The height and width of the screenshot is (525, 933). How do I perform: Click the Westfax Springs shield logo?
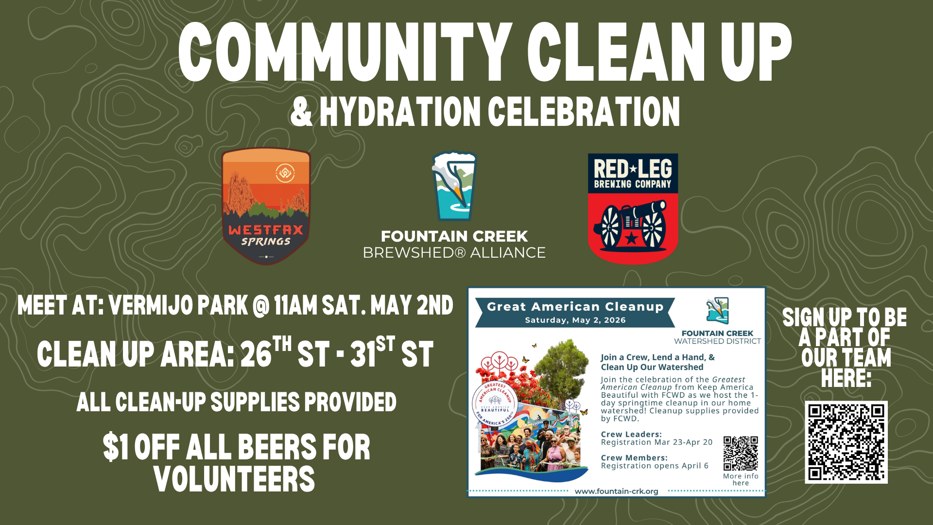(266, 206)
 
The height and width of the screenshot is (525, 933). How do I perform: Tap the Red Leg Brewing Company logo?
(633, 209)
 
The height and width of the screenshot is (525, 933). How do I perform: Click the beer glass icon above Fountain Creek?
(454, 187)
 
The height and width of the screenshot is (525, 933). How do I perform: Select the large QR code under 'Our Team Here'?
(846, 442)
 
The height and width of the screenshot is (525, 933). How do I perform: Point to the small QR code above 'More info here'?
(741, 454)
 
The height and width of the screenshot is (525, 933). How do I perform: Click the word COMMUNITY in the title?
(345, 52)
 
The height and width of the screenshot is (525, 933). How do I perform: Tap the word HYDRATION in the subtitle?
(400, 112)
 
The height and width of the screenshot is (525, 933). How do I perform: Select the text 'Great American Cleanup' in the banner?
(575, 307)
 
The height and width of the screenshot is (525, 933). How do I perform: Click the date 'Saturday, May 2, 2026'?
(575, 320)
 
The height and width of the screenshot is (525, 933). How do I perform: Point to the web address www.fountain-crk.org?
(616, 491)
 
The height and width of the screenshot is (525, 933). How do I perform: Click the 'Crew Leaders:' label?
(631, 434)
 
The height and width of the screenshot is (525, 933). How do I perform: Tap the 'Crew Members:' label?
(634, 457)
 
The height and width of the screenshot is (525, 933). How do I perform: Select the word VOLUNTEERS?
(234, 479)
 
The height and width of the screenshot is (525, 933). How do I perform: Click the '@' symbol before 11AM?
(261, 306)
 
